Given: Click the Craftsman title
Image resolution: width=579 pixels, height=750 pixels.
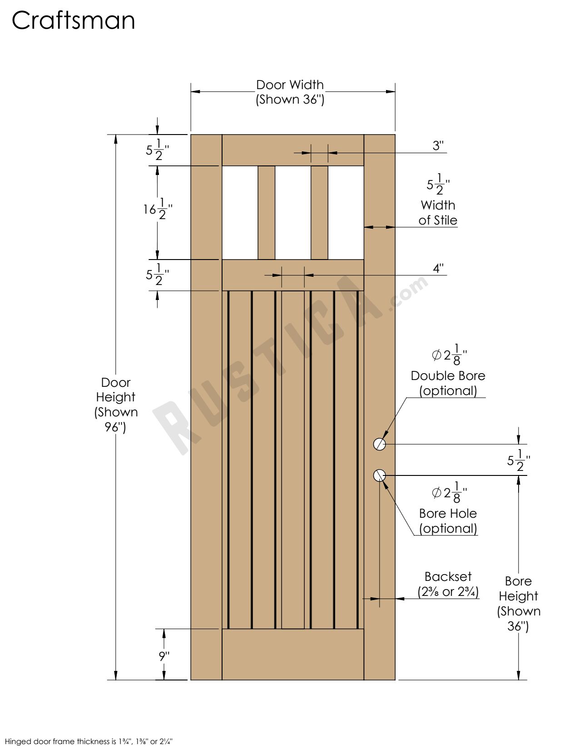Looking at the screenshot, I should click(73, 21).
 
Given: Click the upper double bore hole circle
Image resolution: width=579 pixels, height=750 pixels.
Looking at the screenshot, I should click(380, 444).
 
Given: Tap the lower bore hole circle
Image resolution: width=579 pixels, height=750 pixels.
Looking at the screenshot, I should click(380, 475).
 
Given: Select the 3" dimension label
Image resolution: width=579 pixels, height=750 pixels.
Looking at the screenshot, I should click(438, 145).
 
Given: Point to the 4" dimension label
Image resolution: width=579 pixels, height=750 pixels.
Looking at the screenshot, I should click(438, 268).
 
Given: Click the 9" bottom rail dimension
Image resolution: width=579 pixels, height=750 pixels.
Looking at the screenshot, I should click(163, 656).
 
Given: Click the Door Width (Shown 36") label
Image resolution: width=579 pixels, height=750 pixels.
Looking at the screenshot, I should click(290, 92).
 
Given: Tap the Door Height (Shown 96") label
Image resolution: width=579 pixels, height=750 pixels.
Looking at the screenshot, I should click(116, 405).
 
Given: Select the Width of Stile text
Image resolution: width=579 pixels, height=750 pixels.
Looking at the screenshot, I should click(438, 213).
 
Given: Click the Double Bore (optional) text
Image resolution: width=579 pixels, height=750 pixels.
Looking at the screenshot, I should click(448, 383).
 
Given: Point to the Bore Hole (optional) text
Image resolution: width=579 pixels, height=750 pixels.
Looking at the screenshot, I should click(448, 521).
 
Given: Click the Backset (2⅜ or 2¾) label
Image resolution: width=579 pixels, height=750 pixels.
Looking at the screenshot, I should click(448, 584).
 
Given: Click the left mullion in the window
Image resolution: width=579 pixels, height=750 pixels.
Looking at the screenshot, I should click(267, 213).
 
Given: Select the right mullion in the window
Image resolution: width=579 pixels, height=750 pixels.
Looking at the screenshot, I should click(320, 213).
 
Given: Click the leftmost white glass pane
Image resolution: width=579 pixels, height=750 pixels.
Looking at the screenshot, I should click(240, 213).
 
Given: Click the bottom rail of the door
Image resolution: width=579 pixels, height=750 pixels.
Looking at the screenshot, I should click(293, 655).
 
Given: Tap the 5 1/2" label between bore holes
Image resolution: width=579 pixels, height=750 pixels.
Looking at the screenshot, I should click(518, 460).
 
